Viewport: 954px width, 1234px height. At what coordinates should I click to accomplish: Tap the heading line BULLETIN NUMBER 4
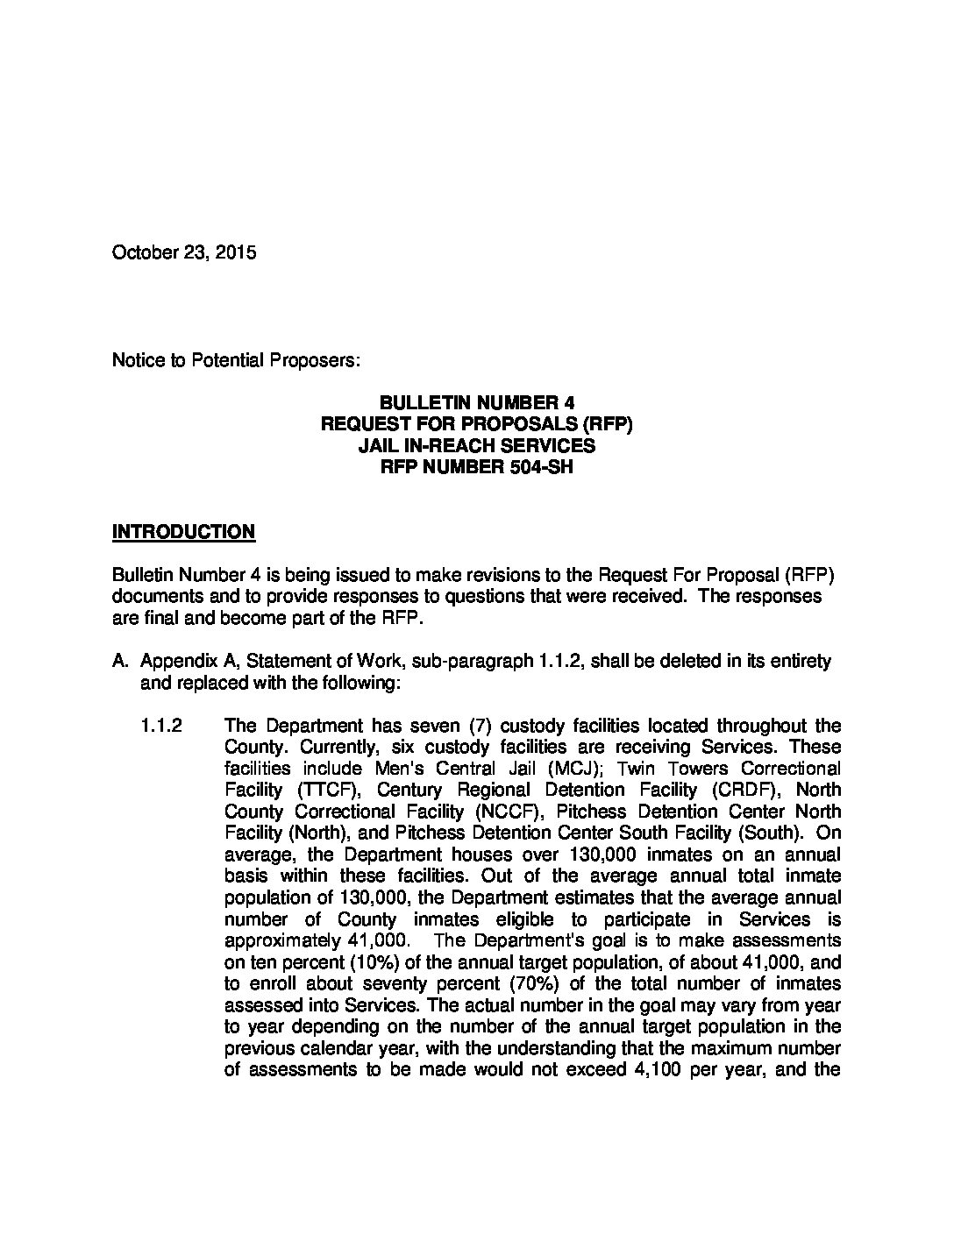tap(476, 402)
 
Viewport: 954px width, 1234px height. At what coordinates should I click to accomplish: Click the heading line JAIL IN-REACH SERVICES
tap(476, 445)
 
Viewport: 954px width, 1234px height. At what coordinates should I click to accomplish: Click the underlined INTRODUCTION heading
tap(183, 531)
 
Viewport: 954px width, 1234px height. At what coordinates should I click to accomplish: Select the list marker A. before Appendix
tap(121, 661)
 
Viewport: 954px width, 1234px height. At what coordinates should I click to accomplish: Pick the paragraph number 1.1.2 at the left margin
tap(160, 726)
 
